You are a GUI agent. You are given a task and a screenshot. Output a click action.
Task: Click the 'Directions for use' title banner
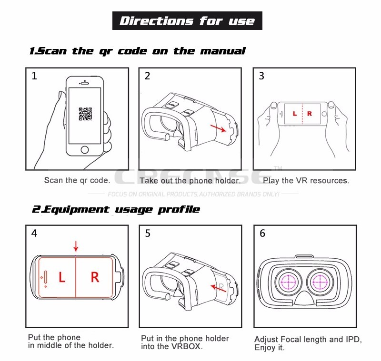tap(187, 21)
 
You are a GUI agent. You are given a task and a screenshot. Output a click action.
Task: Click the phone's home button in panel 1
tap(84, 149)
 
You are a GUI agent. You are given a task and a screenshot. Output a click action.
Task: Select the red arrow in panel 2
tap(220, 128)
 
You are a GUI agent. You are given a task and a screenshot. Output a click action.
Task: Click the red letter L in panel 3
tap(295, 114)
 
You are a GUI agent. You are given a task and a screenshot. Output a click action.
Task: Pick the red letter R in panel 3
tap(310, 114)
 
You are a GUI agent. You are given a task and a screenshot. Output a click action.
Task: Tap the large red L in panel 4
tap(62, 277)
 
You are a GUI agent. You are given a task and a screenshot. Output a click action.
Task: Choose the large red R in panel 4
tap(95, 277)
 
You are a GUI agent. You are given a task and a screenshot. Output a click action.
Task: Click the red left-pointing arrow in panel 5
tap(219, 287)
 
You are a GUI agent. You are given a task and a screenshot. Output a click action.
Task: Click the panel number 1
tap(34, 76)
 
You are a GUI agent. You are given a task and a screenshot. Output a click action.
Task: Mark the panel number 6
tap(262, 234)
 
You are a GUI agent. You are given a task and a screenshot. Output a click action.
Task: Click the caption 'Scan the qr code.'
tap(77, 180)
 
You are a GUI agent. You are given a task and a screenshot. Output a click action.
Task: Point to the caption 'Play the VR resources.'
tap(306, 181)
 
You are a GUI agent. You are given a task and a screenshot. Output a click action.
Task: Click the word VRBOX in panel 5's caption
tap(186, 347)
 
